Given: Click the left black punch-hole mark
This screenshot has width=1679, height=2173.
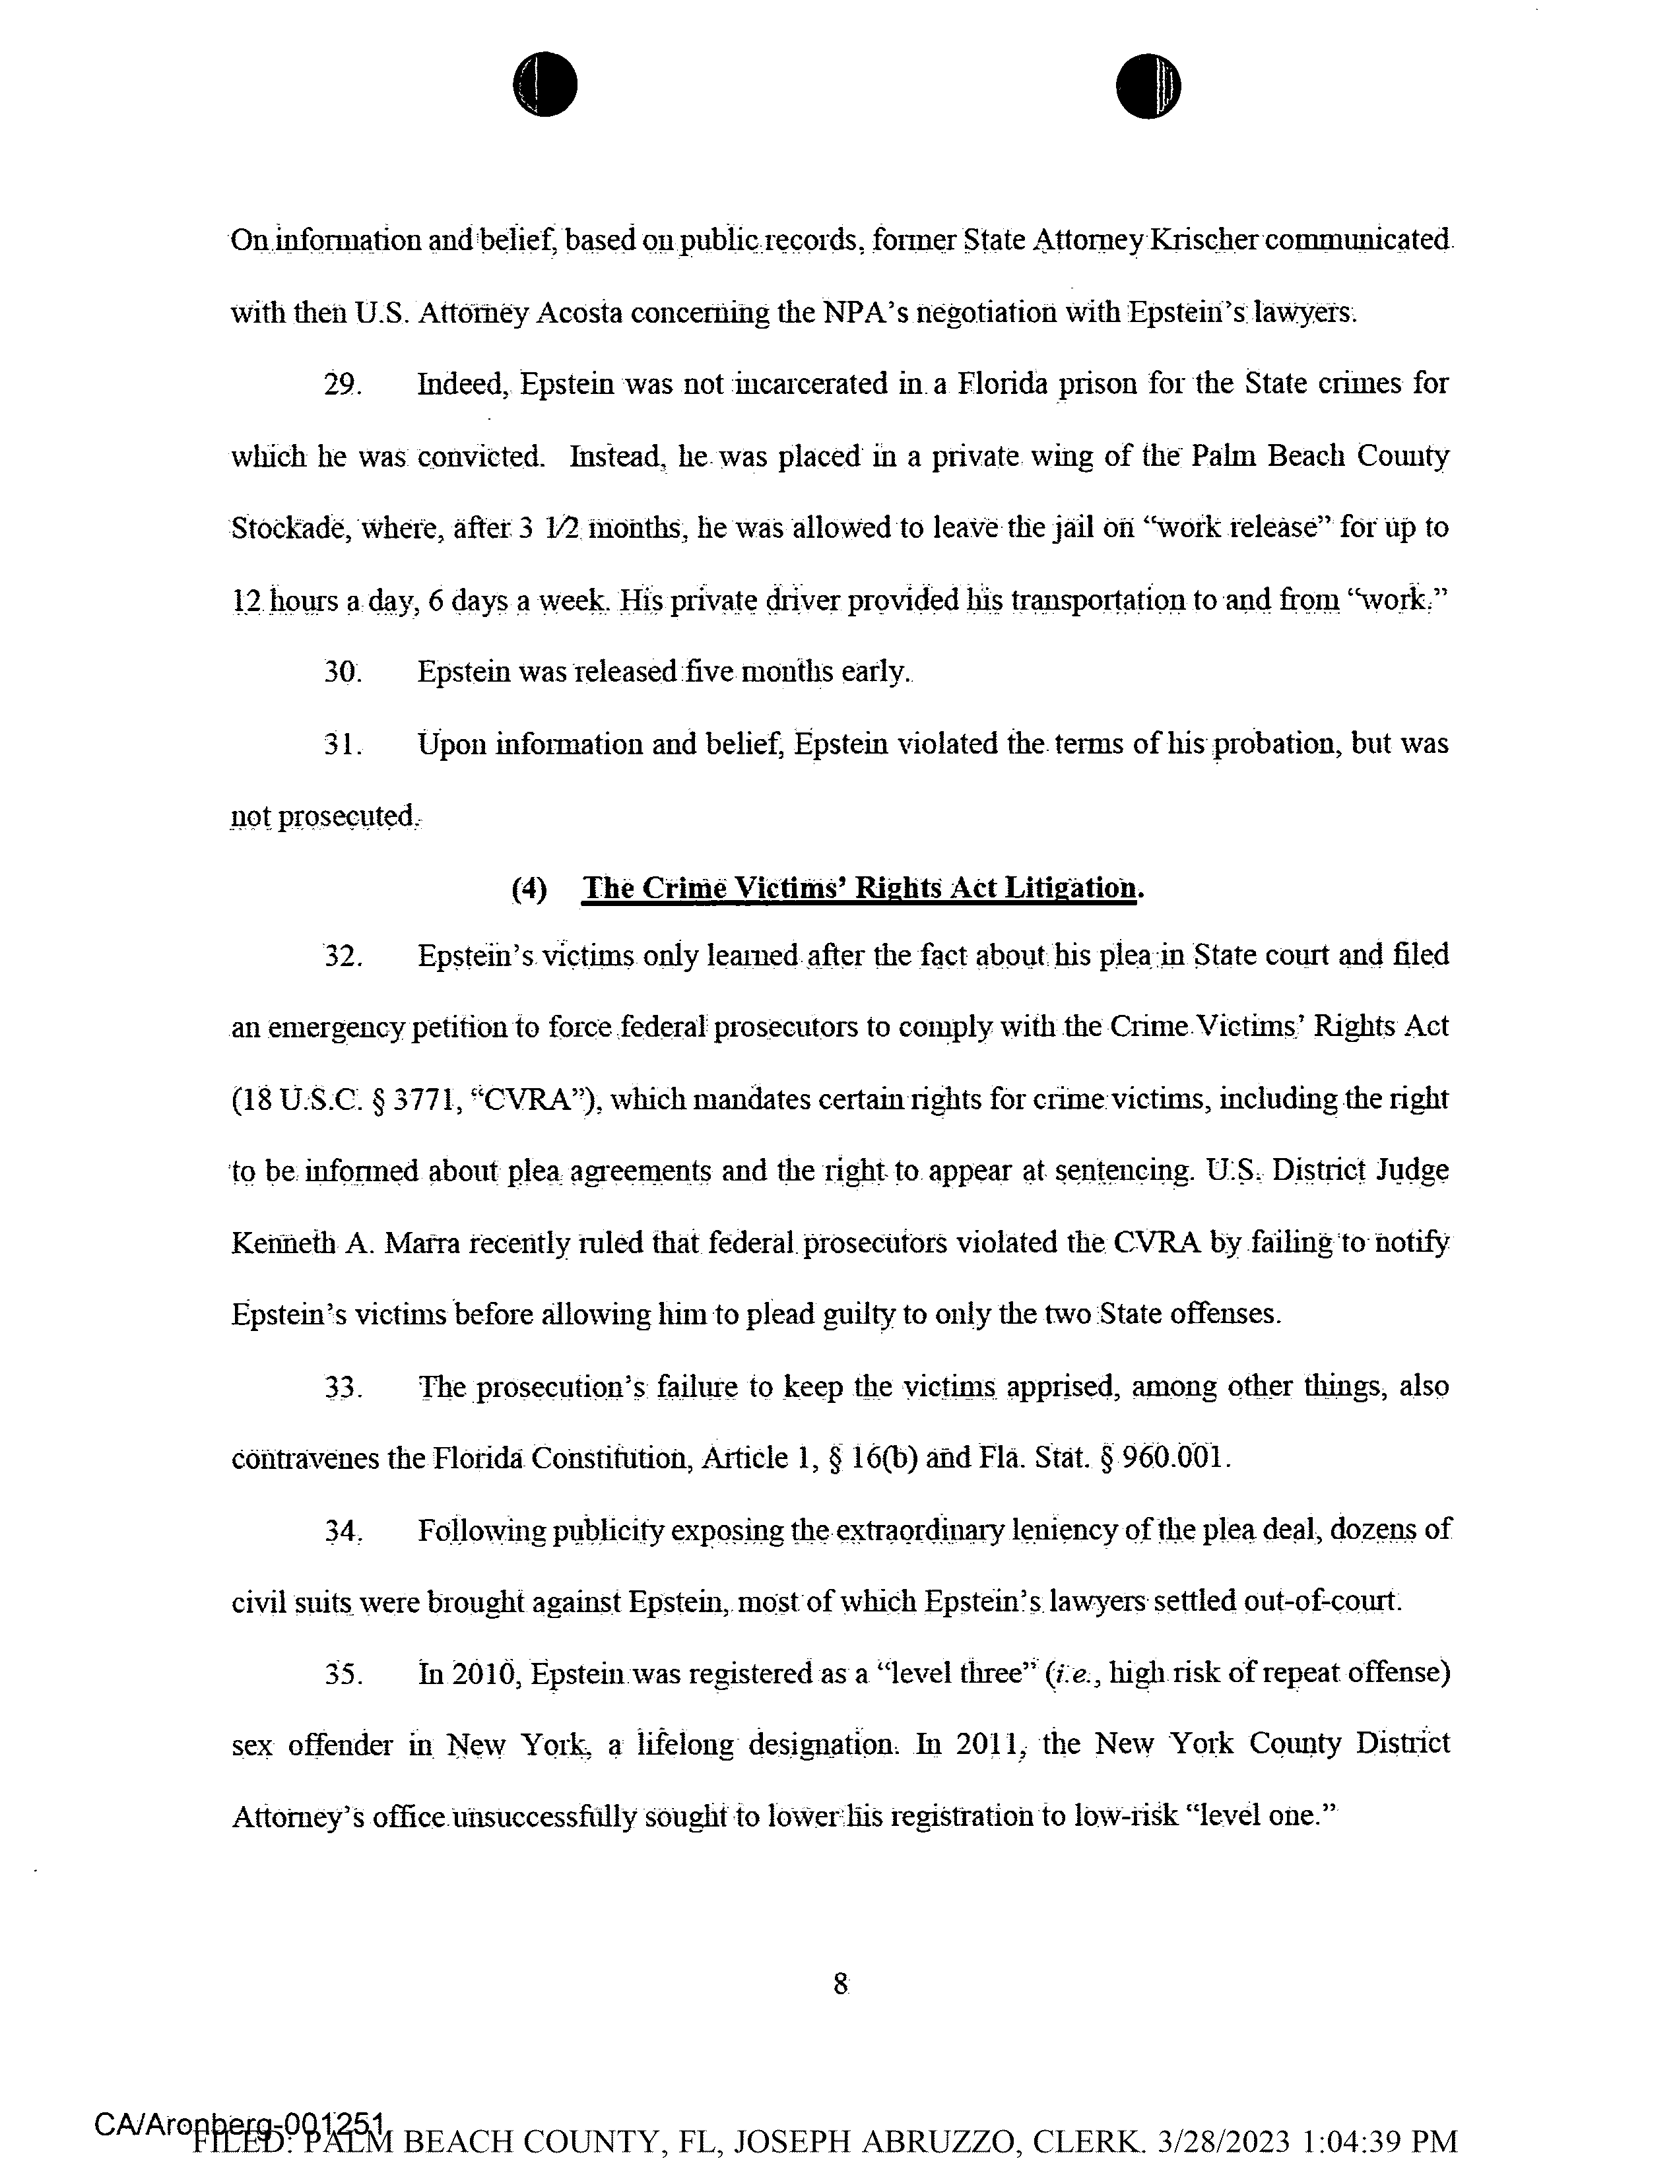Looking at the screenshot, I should point(545,84).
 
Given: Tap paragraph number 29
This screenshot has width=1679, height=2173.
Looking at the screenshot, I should point(343,384).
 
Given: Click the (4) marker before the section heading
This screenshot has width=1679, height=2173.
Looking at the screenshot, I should point(529,888).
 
